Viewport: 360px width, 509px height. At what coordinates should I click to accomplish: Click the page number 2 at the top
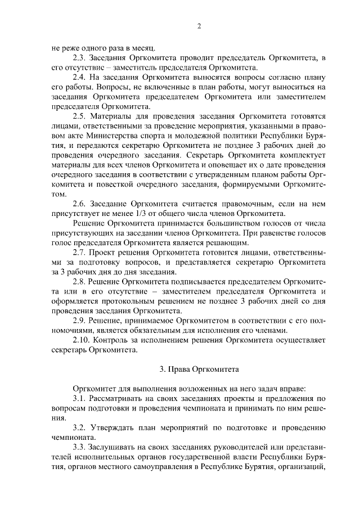199,26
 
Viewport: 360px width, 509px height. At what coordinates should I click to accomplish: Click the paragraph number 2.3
80,57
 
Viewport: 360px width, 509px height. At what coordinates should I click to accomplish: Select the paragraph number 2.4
80,77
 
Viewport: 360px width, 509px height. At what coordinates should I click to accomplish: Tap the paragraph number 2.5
80,116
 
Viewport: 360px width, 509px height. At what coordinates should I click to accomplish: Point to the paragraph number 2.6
80,204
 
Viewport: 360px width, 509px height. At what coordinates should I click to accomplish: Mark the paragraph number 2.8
80,282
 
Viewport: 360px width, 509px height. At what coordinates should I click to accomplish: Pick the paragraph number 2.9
80,321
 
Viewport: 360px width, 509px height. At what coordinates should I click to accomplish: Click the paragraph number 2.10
83,340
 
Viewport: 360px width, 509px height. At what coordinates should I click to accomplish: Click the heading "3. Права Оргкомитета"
199,370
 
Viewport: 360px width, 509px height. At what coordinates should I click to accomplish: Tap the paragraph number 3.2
80,428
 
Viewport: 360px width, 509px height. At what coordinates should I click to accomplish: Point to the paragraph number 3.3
80,448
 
